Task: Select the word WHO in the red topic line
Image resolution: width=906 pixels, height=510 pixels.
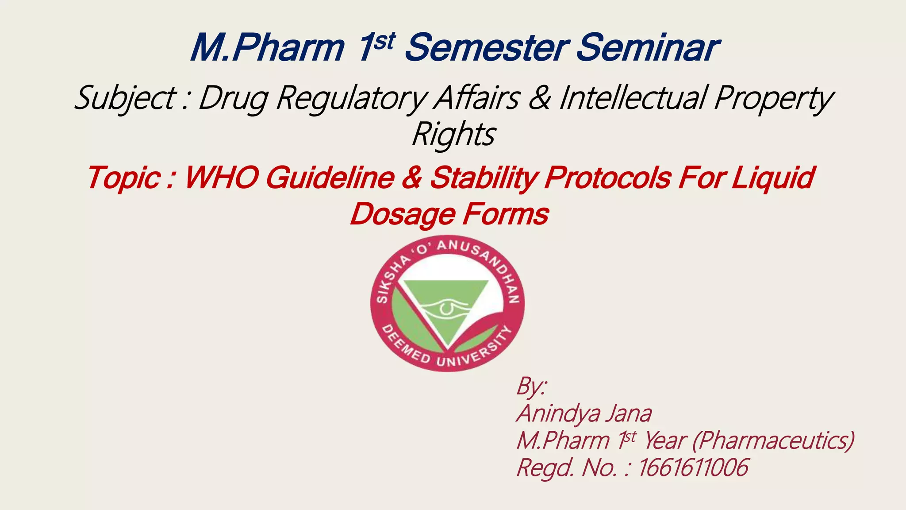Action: pos(221,178)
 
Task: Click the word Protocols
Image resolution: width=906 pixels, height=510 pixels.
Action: pos(608,178)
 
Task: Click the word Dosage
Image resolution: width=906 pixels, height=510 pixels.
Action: pos(402,215)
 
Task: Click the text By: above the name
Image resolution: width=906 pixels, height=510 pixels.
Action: pos(531,386)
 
